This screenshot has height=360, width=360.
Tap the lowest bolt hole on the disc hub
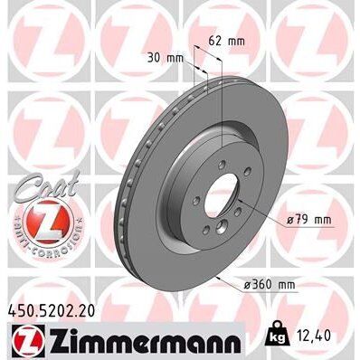[216, 242]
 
